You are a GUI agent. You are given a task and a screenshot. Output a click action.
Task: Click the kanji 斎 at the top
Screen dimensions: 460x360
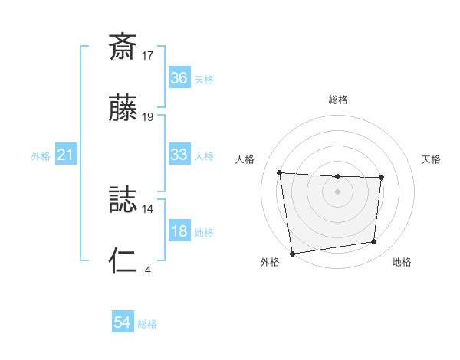pyautogui.click(x=123, y=47)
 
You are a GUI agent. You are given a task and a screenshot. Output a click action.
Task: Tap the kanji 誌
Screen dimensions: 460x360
pyautogui.click(x=123, y=199)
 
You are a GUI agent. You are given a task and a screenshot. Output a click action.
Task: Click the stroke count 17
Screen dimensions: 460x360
pyautogui.click(x=148, y=56)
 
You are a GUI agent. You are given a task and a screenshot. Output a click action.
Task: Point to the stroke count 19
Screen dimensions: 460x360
pyautogui.click(x=148, y=117)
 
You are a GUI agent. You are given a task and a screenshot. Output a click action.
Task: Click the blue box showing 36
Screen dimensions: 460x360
pyautogui.click(x=179, y=77)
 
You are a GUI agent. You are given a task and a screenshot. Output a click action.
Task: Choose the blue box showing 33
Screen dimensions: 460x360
pyautogui.click(x=179, y=155)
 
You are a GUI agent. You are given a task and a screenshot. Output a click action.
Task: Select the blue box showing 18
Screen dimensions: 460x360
pyautogui.click(x=179, y=231)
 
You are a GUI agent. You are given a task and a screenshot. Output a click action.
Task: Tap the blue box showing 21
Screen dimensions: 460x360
pyautogui.click(x=66, y=155)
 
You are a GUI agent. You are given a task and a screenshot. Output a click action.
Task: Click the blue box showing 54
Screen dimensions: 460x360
pyautogui.click(x=123, y=323)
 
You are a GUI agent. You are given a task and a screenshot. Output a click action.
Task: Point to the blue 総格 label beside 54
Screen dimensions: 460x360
pyautogui.click(x=147, y=324)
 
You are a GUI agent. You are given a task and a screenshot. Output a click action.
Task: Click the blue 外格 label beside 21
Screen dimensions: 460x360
pyautogui.click(x=41, y=156)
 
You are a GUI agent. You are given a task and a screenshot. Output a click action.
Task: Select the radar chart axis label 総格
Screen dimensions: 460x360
pyautogui.click(x=338, y=100)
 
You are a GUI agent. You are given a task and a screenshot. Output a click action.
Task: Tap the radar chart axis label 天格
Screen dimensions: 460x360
pyautogui.click(x=432, y=159)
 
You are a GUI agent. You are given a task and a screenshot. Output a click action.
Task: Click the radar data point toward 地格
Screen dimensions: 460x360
pyautogui.click(x=374, y=242)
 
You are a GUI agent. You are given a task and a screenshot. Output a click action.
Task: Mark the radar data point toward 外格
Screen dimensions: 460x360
pyautogui.click(x=292, y=253)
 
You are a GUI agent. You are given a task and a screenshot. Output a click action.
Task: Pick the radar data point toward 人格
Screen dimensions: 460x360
pyautogui.click(x=280, y=172)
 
